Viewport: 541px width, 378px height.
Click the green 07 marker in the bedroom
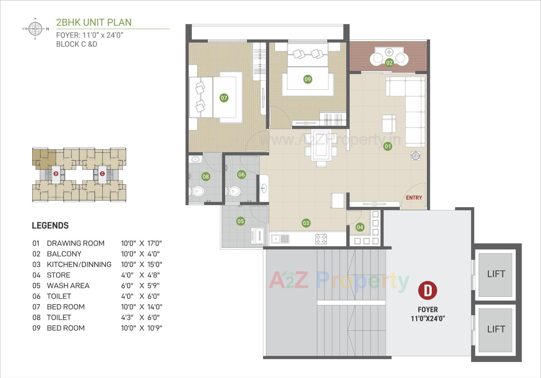(224, 98)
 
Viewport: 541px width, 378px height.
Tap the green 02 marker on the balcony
(389, 62)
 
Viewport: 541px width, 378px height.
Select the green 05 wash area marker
(240, 221)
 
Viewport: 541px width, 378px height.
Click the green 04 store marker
(360, 227)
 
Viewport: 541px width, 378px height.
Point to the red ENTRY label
(414, 198)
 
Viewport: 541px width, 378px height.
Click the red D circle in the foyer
(427, 290)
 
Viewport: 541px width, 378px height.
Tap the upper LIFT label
(496, 274)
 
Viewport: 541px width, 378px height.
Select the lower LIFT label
(496, 329)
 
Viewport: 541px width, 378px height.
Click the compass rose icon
(35, 29)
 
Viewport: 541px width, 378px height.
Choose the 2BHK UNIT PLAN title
(94, 23)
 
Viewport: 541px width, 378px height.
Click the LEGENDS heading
(50, 225)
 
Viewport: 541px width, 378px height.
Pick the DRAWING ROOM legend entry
(76, 243)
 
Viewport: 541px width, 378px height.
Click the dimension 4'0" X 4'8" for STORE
(140, 275)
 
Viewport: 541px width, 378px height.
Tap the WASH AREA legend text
(68, 286)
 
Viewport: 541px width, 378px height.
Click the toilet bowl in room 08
(198, 192)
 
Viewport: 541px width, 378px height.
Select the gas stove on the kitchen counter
(321, 239)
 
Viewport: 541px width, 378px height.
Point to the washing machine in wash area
(259, 235)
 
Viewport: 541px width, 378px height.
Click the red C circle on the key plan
(102, 174)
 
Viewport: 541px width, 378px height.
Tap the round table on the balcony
(389, 52)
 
